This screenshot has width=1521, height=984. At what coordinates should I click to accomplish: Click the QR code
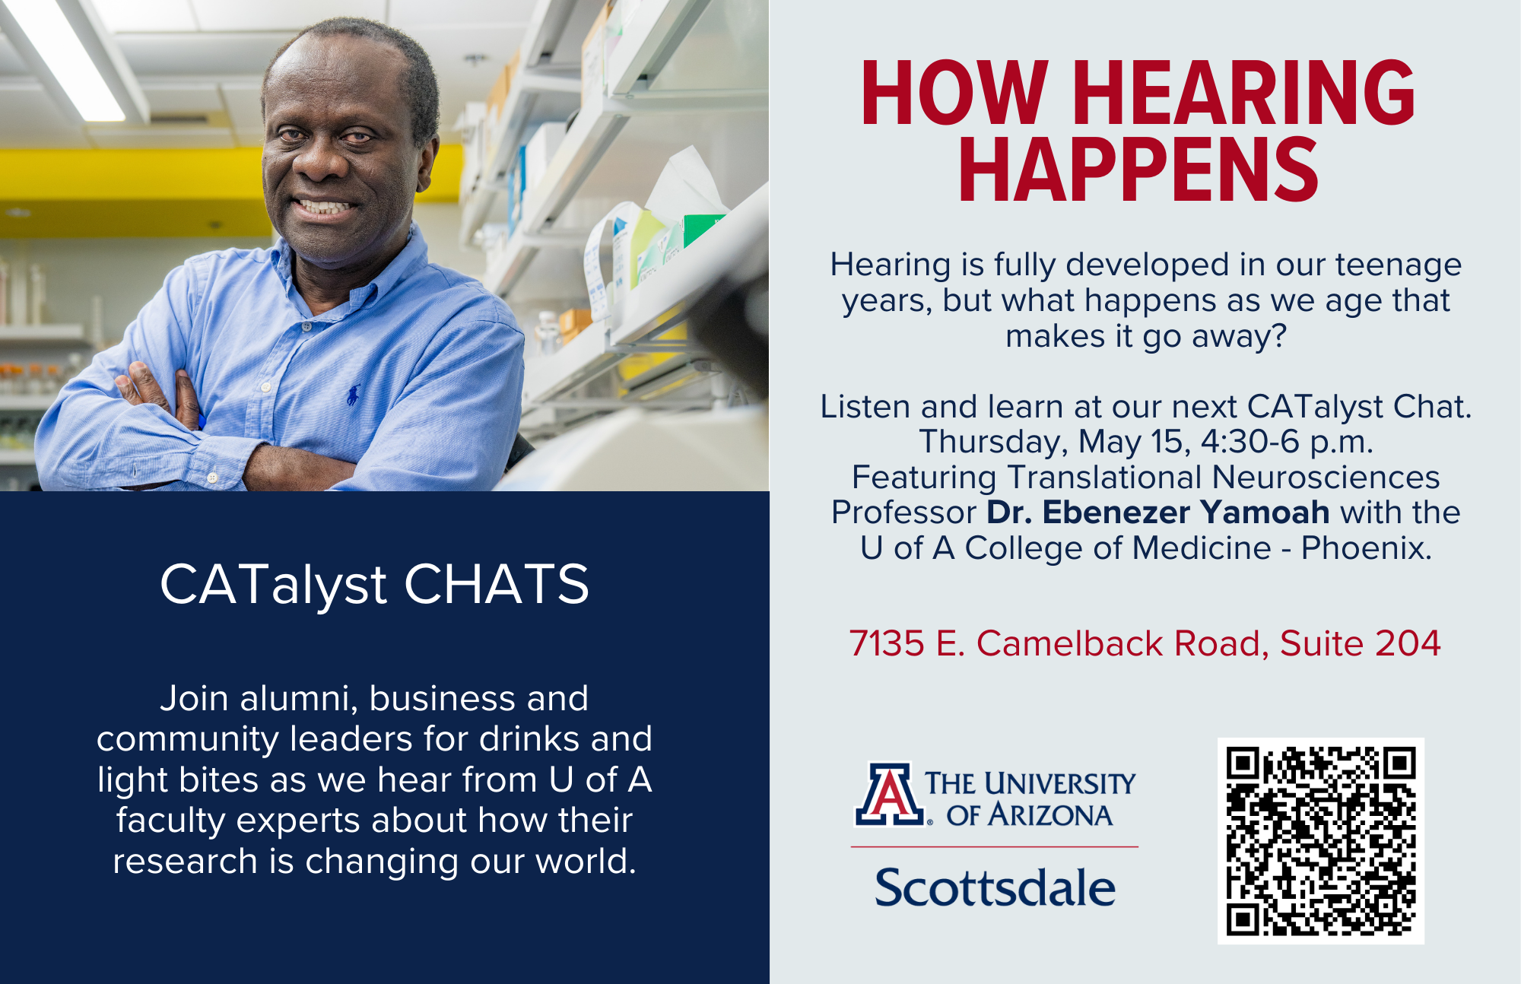point(1321,841)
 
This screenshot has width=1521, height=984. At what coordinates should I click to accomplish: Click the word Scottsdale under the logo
point(995,887)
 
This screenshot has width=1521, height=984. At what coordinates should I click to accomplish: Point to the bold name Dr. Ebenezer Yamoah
point(1157,512)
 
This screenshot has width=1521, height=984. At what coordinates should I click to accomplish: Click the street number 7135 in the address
point(887,643)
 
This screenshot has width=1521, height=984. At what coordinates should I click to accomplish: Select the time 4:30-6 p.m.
point(1287,442)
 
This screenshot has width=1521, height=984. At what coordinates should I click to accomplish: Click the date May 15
point(1134,442)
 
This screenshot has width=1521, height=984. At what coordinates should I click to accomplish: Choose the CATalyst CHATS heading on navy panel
point(374,584)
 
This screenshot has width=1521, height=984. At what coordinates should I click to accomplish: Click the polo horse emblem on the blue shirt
point(353,395)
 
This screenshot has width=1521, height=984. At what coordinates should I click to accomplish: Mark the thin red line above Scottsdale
point(995,846)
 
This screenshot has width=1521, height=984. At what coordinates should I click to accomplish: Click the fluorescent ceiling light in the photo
point(68,57)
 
